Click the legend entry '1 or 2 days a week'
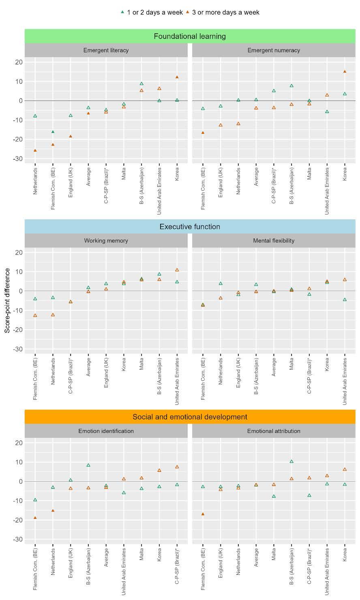(152, 12)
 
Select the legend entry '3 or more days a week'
(223, 12)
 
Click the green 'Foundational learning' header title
(190, 36)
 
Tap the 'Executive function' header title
(190, 227)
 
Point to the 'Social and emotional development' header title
(190, 417)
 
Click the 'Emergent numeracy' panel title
(274, 50)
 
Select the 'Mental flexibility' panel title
(274, 240)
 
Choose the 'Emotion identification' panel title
(106, 431)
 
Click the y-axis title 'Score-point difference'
(7, 300)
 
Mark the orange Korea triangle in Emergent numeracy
(345, 71)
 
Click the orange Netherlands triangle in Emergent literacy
(35, 150)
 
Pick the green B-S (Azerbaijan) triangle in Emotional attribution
(291, 461)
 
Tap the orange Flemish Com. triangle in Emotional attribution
(203, 514)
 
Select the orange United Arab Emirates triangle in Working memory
(177, 270)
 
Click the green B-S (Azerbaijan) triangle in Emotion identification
(88, 465)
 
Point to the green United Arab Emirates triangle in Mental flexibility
(345, 300)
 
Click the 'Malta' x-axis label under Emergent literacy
(124, 174)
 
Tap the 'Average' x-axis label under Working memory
(88, 367)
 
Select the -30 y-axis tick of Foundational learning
(18, 159)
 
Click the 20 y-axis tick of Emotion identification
(19, 443)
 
